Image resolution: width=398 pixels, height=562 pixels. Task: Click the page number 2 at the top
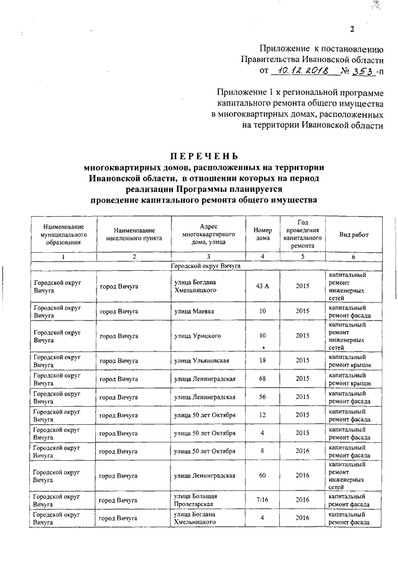coord(351,29)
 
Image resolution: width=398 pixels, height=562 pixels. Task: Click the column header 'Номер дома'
coord(263,233)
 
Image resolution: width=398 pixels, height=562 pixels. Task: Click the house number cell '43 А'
coord(263,286)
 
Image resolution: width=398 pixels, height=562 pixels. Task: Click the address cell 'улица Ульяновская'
coord(203,361)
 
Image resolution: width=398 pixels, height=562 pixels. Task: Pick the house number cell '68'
coord(263,379)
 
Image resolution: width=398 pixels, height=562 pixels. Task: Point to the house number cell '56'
coord(263,397)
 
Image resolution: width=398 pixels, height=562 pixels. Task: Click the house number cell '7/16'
coord(263,500)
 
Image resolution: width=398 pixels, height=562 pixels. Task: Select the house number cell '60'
coord(263,475)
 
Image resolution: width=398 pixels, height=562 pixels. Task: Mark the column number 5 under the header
coord(302,256)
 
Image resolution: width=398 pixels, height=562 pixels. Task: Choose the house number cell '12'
coord(263,415)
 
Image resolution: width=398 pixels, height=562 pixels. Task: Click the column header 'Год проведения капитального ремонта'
coord(302,233)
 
